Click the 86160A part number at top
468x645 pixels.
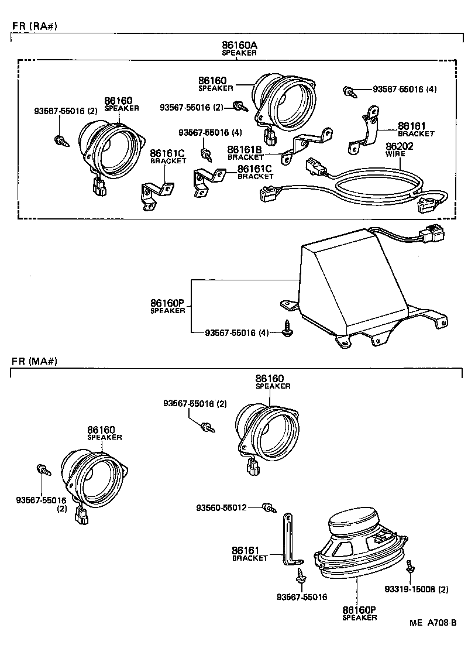(239, 44)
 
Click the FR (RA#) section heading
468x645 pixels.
(35, 26)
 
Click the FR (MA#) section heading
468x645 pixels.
(35, 361)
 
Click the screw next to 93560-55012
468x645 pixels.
(269, 507)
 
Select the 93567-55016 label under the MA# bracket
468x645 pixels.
(302, 597)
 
